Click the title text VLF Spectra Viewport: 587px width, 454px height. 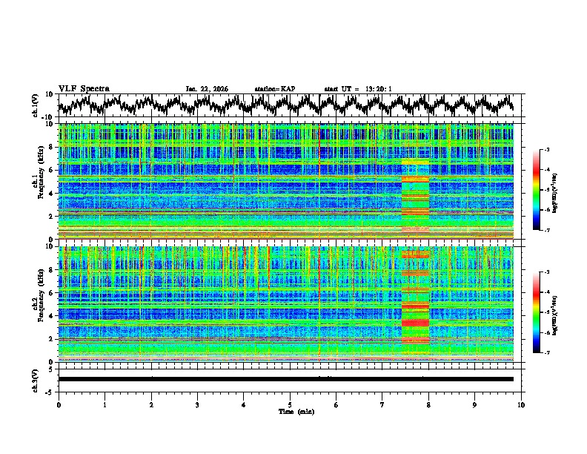tap(84, 88)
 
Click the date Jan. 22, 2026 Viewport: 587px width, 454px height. tap(207, 89)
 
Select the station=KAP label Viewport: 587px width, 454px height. tap(274, 89)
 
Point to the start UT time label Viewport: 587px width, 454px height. tap(358, 89)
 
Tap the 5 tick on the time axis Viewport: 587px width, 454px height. tap(290, 404)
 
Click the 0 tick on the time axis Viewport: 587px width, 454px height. tap(59, 404)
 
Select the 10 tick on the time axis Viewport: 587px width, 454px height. tap(521, 404)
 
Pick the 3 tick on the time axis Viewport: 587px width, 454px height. tap(197, 404)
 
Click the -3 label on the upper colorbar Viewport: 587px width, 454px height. tap(547, 150)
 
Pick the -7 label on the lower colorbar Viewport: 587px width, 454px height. tap(547, 353)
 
